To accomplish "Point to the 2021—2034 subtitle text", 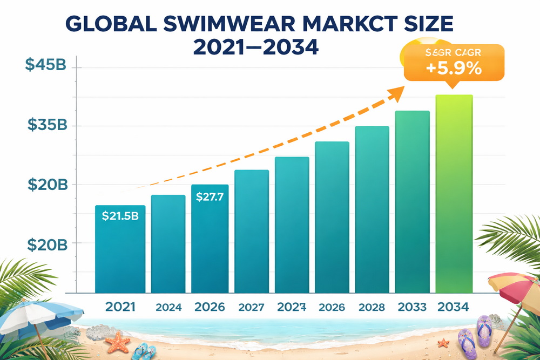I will point(255,47).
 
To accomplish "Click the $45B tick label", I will point(46,64).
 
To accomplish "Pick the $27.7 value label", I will point(210,197).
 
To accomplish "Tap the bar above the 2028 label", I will point(372,210).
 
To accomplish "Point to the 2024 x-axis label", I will point(168,308).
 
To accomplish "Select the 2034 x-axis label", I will point(454,307).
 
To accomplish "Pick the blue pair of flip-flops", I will point(144,351).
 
